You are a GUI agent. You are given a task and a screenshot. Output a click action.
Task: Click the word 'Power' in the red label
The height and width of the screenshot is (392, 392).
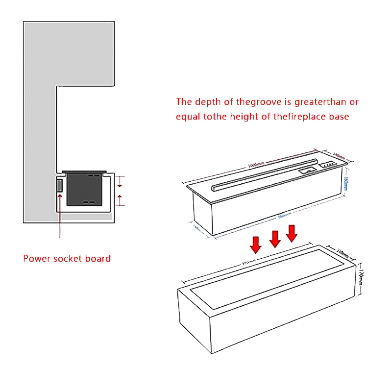36,258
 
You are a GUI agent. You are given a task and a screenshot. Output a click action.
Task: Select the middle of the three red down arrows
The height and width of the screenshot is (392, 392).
275,238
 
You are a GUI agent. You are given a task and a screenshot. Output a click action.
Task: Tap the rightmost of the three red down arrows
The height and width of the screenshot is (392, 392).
292,232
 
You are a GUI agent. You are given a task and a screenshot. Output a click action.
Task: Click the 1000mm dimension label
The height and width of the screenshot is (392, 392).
256,165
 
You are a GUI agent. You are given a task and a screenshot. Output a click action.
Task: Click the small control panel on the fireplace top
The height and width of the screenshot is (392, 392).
327,166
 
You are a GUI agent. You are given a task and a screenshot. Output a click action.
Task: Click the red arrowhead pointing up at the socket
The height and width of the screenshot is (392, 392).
60,196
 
